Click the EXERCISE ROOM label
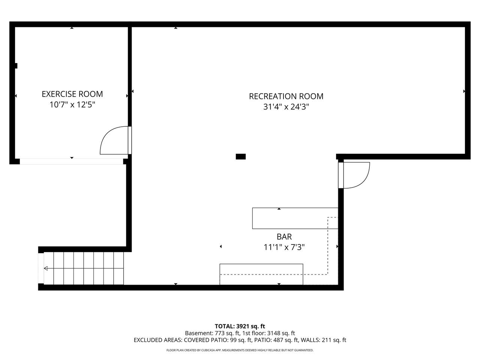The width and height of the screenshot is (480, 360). [72, 94]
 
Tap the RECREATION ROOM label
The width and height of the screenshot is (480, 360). [286, 96]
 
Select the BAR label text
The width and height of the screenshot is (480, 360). [284, 237]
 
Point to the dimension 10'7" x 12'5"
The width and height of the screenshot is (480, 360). [72, 105]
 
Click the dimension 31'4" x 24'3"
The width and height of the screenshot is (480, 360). [286, 107]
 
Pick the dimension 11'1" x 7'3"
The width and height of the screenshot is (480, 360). [284, 247]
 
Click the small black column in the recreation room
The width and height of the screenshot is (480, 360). [240, 156]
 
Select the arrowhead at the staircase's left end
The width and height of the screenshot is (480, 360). [46, 268]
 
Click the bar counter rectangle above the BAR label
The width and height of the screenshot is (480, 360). [295, 218]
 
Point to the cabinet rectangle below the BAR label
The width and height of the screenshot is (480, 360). [261, 274]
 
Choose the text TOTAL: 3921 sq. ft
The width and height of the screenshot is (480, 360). [240, 326]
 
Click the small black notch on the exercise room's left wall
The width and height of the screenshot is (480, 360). [16, 66]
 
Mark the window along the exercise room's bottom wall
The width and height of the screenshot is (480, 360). [72, 162]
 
